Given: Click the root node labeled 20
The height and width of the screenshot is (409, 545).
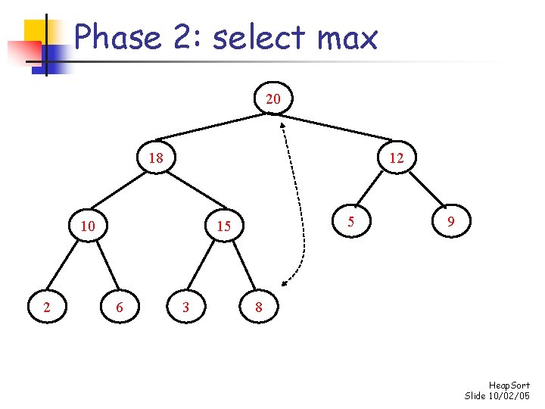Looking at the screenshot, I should click(x=273, y=98).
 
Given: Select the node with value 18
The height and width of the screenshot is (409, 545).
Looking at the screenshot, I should click(x=156, y=158).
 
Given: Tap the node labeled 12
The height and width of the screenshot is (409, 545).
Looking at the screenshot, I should click(x=396, y=158).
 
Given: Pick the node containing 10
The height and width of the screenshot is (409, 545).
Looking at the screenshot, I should click(x=88, y=226).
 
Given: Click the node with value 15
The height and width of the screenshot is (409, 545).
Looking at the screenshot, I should click(x=223, y=226).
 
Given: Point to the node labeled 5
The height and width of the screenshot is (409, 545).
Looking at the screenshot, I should click(x=350, y=221).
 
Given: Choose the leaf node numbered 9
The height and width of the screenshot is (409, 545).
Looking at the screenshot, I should click(x=451, y=221).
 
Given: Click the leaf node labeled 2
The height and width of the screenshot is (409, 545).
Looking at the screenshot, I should click(x=47, y=307).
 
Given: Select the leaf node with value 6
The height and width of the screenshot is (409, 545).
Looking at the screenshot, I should click(x=119, y=307).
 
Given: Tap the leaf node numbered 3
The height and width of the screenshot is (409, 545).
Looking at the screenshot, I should click(x=185, y=307).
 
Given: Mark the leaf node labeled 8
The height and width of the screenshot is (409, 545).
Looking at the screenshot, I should click(x=259, y=307).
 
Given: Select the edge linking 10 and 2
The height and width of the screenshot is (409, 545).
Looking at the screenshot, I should click(x=66, y=267).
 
